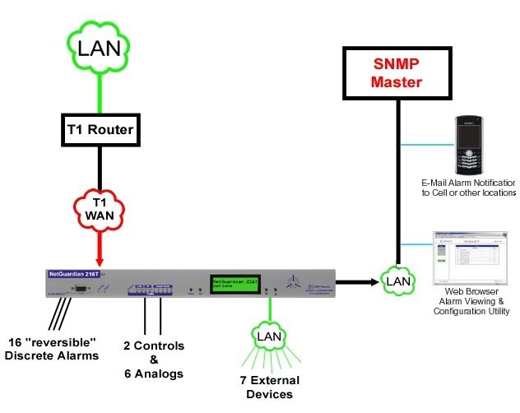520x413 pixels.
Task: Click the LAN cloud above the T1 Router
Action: click(100, 49)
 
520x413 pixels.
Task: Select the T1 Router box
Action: click(100, 128)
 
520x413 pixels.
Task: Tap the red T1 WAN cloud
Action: click(100, 210)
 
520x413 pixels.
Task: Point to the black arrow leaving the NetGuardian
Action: click(346, 282)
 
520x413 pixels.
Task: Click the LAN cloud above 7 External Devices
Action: click(267, 337)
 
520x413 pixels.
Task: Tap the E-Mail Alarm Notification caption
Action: click(467, 187)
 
